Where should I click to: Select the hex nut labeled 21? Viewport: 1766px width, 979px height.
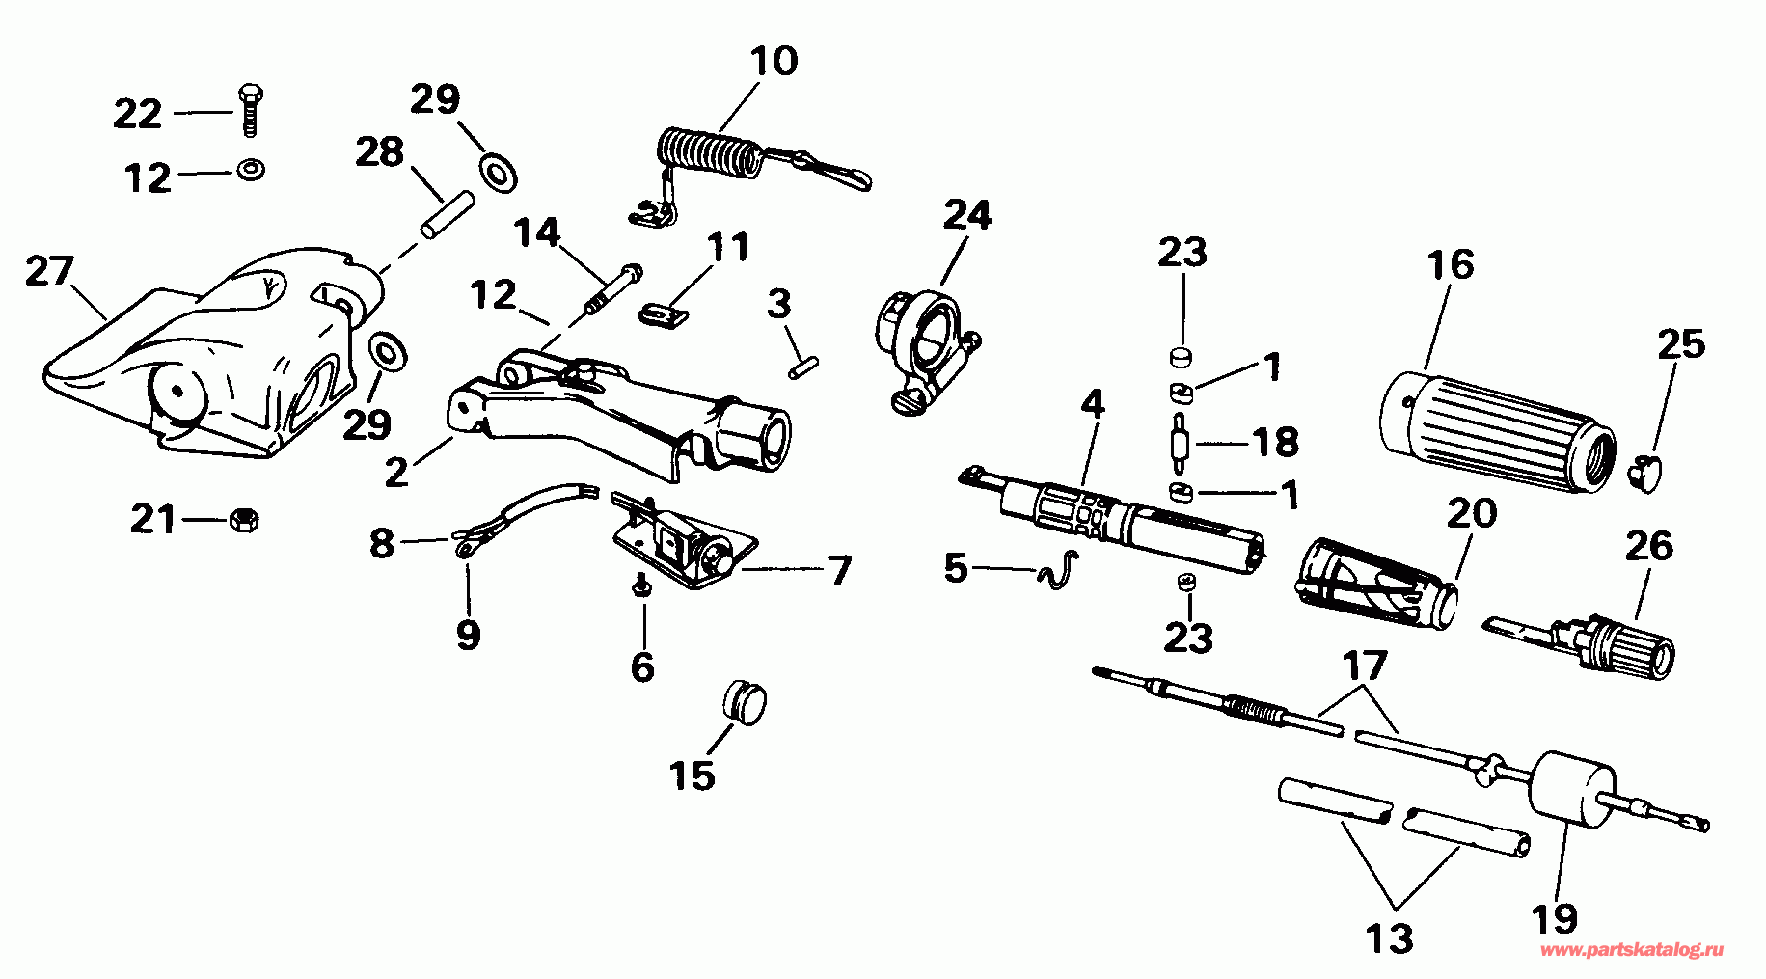244,521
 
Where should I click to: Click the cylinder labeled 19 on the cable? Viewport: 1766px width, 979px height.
1571,787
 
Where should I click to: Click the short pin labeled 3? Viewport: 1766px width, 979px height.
803,367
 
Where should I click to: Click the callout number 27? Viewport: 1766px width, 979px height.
49,271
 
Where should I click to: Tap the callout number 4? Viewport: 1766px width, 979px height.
1092,403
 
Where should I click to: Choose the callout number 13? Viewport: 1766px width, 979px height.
1390,938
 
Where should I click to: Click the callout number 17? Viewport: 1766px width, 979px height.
1365,666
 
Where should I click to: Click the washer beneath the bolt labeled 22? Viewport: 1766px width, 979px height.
250,171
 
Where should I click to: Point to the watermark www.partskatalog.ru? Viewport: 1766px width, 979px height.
1631,950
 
